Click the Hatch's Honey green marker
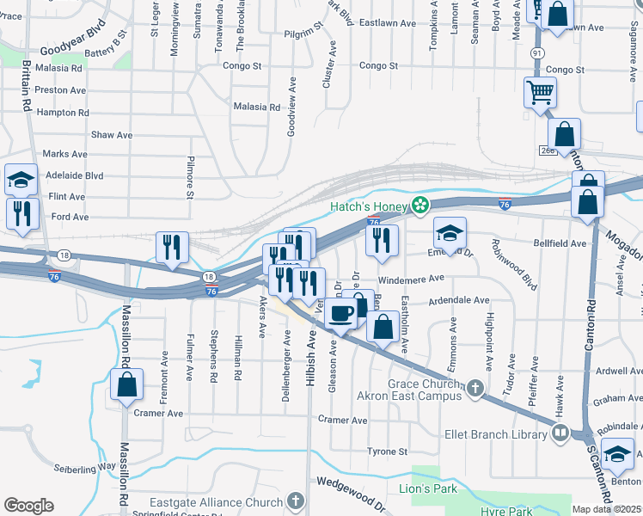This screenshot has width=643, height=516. pyautogui.click(x=420, y=206)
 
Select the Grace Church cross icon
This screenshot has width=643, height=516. pyautogui.click(x=474, y=390)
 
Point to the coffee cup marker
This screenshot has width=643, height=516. pyautogui.click(x=342, y=314)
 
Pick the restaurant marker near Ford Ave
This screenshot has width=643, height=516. pyautogui.click(x=21, y=213)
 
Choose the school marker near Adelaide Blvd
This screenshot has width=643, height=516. pyautogui.click(x=21, y=180)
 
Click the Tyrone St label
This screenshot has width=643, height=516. pyautogui.click(x=387, y=451)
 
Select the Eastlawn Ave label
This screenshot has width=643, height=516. pyautogui.click(x=387, y=22)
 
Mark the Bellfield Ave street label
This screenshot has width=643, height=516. pyautogui.click(x=559, y=243)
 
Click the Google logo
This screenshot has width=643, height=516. pyautogui.click(x=28, y=506)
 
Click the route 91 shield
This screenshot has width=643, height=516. pyautogui.click(x=537, y=52)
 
